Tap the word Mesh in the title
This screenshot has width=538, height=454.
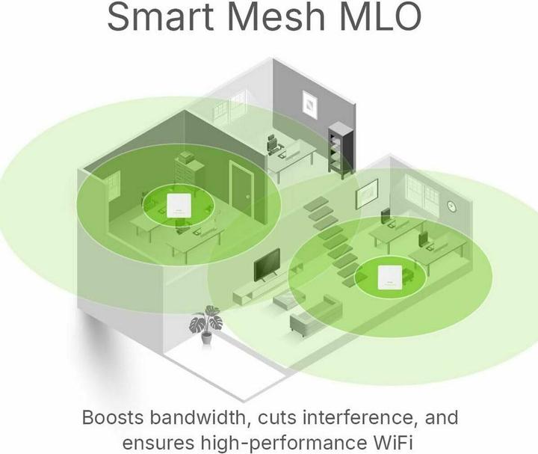276,16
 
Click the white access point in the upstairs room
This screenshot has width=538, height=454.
178,206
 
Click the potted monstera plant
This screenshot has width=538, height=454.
206,324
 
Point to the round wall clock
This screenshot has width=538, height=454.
452,206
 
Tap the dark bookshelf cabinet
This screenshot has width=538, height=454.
340,150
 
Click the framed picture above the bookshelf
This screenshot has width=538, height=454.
310,105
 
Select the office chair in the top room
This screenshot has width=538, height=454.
273,146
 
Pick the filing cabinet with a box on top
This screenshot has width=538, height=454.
189,171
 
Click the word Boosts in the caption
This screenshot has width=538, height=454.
113,417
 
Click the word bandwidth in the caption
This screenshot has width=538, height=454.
202,417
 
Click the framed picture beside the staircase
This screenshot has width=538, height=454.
367,194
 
